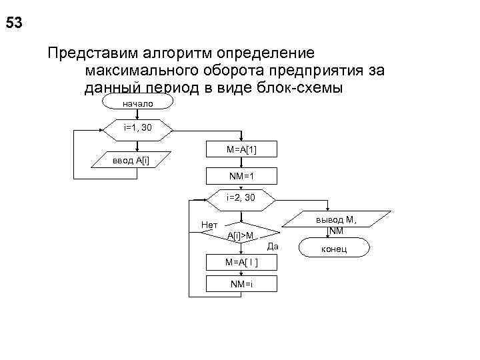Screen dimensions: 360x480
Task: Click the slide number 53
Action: point(14,23)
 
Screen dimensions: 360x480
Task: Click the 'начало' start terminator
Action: point(138,103)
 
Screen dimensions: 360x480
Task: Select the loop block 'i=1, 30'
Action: point(138,127)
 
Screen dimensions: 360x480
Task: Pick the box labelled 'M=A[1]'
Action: point(241,150)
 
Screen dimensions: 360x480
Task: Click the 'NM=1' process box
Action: point(241,176)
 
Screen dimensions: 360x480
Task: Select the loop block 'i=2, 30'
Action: point(241,198)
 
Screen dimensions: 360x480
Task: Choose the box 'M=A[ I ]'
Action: point(241,262)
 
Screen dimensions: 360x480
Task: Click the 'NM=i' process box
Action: point(241,285)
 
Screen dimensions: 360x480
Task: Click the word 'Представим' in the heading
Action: point(89,52)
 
